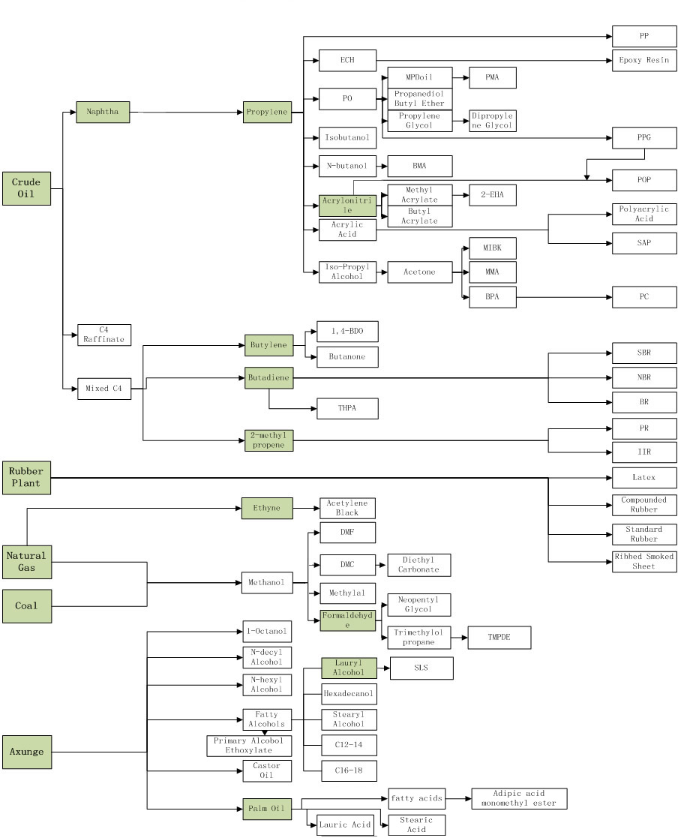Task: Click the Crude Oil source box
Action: pos(26,188)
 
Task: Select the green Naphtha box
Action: pos(103,113)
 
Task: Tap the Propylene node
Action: pos(267,113)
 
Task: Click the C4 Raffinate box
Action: pos(104,335)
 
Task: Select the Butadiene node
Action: pos(268,379)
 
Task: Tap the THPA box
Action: pos(347,408)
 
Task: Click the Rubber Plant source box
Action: pos(26,477)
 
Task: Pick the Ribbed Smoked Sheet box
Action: pos(644,561)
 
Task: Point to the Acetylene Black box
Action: pos(347,508)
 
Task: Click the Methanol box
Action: pos(267,582)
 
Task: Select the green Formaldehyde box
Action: pos(347,620)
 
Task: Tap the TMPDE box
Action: pos(499,638)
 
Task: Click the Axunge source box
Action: pos(26,751)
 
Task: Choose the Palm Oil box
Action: pos(267,809)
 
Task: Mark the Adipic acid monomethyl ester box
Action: pos(519,798)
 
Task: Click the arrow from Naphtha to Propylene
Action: pos(187,113)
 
